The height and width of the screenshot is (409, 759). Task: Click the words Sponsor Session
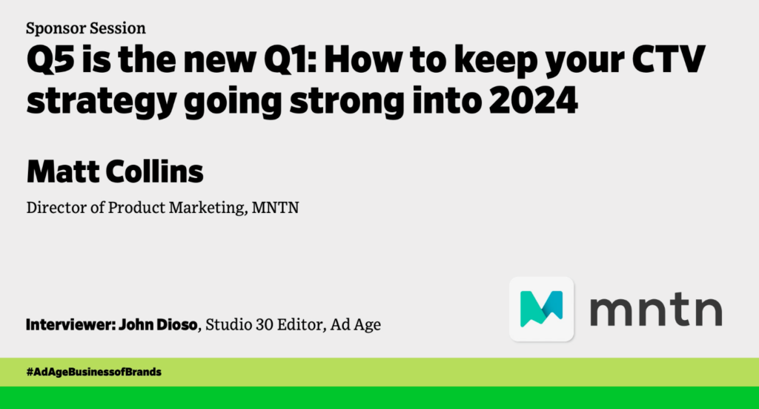[86, 29]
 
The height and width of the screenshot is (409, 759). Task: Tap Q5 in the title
[50, 59]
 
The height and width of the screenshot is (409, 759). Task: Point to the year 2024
[534, 99]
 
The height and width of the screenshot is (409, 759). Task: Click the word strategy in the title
[101, 102]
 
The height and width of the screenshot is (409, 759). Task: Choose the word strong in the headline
[347, 102]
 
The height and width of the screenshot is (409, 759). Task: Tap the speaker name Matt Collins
[115, 171]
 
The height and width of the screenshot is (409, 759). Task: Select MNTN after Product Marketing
[275, 207]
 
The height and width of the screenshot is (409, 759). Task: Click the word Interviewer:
[70, 324]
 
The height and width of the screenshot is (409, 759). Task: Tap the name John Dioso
[159, 324]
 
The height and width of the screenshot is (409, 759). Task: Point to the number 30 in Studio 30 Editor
[265, 324]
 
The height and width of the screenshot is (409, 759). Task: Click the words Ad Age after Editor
[355, 324]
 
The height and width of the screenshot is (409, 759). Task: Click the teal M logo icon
[542, 309]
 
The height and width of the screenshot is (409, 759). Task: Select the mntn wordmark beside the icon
[656, 309]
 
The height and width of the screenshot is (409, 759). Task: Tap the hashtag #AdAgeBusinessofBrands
[94, 372]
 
